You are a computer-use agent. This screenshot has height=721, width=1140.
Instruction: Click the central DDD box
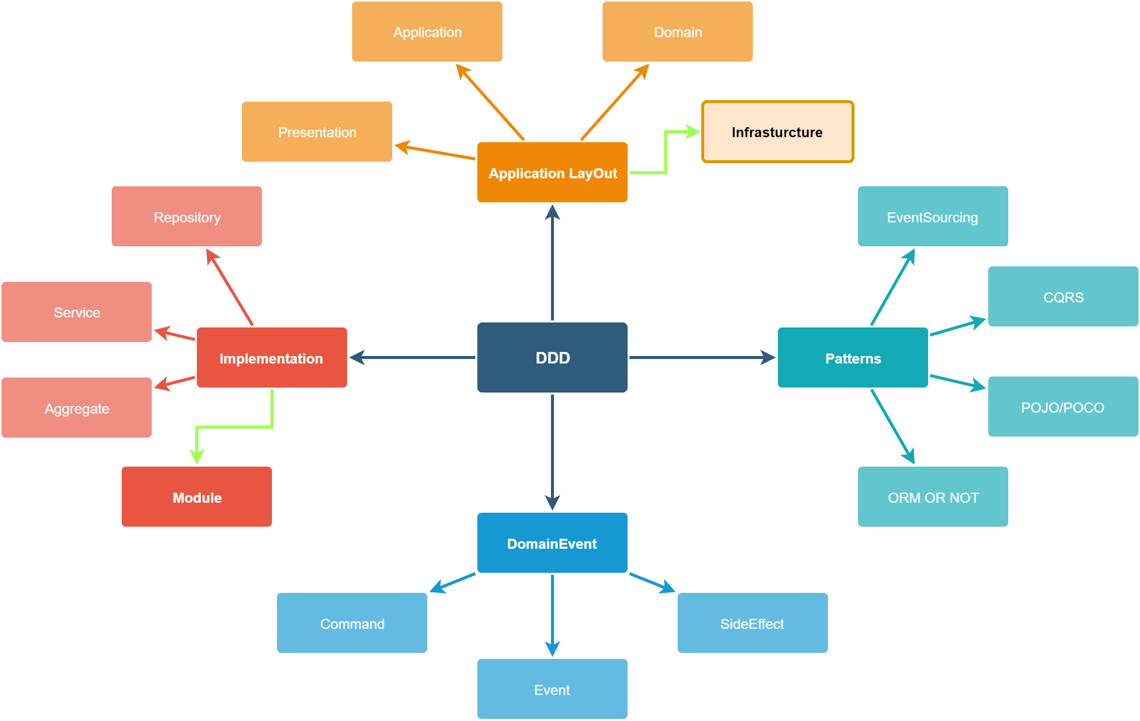552,357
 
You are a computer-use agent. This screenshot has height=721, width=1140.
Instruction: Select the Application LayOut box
552,173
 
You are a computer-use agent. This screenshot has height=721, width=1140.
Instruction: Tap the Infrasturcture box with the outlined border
777,132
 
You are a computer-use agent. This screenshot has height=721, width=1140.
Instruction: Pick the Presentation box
317,132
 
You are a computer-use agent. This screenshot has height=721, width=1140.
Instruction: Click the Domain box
677,32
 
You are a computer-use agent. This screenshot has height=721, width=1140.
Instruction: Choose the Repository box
186,217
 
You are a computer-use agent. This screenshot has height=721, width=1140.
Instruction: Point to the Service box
76,312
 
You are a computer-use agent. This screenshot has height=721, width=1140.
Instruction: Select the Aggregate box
76,408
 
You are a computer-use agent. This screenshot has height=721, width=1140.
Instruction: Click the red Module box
196,497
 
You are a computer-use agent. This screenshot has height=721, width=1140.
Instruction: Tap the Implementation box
271,358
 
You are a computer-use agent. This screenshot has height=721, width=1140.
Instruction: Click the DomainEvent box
552,543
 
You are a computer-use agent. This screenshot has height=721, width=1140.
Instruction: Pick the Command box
352,623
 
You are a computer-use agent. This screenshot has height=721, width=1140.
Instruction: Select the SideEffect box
752,623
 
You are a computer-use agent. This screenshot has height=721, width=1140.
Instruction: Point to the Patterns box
852,358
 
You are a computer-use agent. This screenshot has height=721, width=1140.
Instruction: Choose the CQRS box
1063,297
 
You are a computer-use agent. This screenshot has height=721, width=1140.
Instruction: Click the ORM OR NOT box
933,497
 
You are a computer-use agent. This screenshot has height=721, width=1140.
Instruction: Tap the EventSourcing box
933,217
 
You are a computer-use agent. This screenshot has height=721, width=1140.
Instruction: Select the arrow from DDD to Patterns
701,357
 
